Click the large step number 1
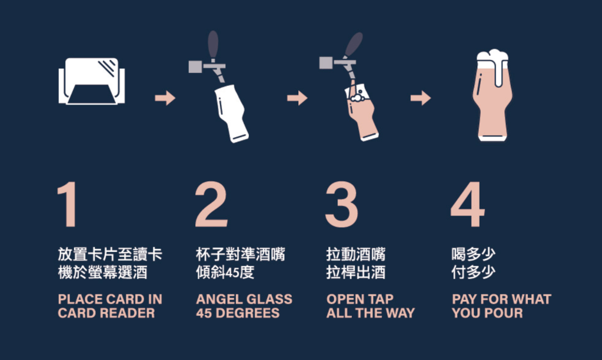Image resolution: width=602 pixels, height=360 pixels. click(x=68, y=204)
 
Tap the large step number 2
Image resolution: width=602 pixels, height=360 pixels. click(x=211, y=204)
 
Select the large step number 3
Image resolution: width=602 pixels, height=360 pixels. click(x=341, y=205)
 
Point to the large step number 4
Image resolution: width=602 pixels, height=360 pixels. click(x=467, y=204)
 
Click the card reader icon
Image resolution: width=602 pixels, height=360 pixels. click(x=91, y=81)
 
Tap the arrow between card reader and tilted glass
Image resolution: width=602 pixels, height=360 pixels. click(x=165, y=98)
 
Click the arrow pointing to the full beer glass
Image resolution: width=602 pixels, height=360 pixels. click(x=420, y=98)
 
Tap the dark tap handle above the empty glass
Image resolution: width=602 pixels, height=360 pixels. click(x=213, y=44)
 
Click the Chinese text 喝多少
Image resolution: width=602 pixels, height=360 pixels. click(x=473, y=254)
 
